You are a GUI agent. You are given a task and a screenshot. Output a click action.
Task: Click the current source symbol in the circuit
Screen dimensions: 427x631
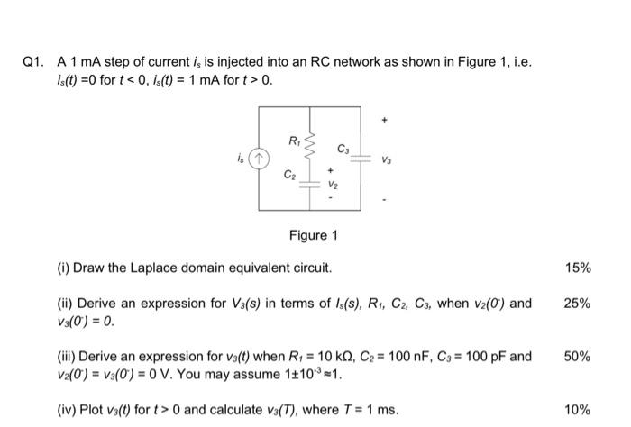point(261,158)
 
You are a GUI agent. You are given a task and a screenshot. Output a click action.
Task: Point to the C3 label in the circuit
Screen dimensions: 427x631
point(343,148)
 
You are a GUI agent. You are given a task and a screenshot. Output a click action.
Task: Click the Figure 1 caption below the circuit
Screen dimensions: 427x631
point(313,235)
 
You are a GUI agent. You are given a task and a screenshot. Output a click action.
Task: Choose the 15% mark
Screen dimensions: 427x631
point(578,268)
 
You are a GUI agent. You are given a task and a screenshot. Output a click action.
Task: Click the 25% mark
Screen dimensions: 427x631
point(578,304)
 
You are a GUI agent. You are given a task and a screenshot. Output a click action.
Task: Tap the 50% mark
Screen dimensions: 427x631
point(578,357)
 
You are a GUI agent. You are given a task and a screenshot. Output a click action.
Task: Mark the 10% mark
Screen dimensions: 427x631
point(578,410)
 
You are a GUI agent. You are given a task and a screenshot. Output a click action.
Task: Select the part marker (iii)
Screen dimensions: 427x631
point(69,357)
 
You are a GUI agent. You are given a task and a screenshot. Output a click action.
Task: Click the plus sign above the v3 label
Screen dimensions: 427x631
point(385,118)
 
